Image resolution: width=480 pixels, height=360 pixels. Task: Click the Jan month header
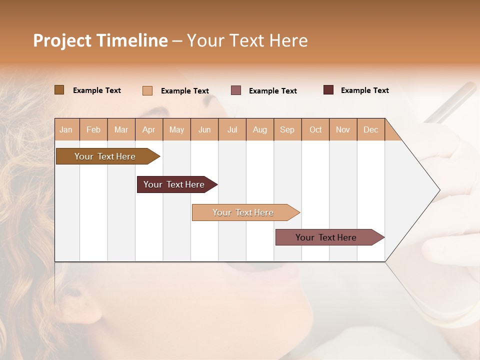pyautogui.click(x=66, y=129)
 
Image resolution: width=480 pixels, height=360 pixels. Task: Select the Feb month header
pyautogui.click(x=93, y=129)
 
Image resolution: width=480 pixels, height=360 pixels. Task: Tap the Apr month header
pyautogui.click(x=148, y=129)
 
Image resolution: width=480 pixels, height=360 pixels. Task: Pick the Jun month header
pyautogui.click(x=204, y=129)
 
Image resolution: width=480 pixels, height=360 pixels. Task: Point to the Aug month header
pyautogui.click(x=259, y=129)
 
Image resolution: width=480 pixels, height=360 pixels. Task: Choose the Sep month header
pyautogui.click(x=287, y=129)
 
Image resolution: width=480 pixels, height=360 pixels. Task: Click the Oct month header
pyautogui.click(x=315, y=129)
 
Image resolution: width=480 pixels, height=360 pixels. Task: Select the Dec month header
pyautogui.click(x=370, y=129)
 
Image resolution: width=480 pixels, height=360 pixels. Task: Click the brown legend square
pyautogui.click(x=59, y=90)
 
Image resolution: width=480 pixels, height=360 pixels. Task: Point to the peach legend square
pyautogui.click(x=147, y=90)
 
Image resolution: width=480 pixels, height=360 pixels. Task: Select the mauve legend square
pyautogui.click(x=236, y=90)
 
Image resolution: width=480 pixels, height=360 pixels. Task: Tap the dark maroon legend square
pyautogui.click(x=328, y=90)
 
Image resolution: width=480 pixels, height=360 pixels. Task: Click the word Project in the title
pyautogui.click(x=62, y=40)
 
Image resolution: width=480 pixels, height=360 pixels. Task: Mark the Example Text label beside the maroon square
pyautogui.click(x=364, y=90)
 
